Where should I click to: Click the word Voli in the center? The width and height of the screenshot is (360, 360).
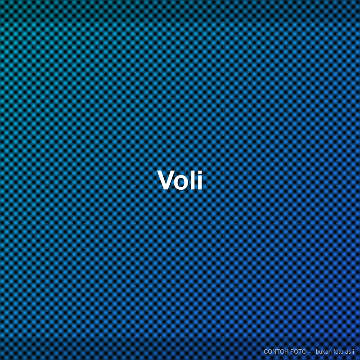180,180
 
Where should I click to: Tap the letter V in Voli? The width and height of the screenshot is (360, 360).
166,180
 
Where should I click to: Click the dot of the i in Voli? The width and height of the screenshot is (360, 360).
200,172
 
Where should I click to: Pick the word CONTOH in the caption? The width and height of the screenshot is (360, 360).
276,351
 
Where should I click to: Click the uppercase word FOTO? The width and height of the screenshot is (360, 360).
298,351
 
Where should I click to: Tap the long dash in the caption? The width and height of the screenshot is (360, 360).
311,352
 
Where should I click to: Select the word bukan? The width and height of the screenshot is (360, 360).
324,351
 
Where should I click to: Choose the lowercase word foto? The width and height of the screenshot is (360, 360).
338,351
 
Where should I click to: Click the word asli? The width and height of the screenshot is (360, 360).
350,351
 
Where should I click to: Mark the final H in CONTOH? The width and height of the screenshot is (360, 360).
286,351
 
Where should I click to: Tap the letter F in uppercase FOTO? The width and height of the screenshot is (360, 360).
292,351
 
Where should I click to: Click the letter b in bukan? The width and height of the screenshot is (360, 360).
317,351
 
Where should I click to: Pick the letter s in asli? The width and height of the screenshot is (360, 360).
350,352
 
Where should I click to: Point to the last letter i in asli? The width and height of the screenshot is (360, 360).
353,351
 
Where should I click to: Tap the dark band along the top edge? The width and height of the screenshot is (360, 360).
180,11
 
